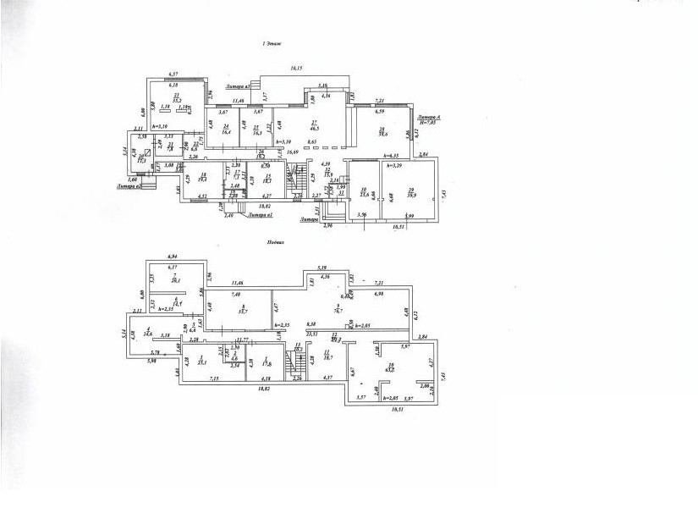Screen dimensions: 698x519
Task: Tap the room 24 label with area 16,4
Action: point(227,130)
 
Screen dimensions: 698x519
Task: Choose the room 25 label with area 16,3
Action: point(256,130)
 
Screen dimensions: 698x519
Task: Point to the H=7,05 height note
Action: point(429,124)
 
